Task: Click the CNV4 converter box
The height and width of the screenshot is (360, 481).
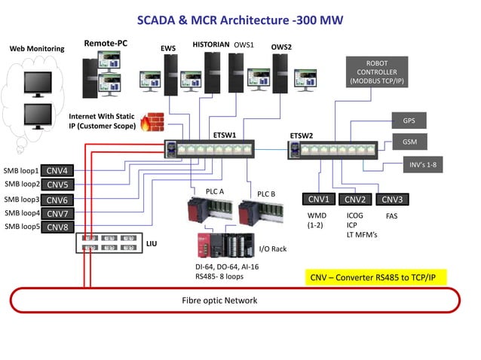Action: [57, 170]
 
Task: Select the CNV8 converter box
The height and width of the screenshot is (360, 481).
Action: [57, 227]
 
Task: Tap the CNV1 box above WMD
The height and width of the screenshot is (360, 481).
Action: [319, 200]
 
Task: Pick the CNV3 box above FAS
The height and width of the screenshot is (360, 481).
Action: [391, 200]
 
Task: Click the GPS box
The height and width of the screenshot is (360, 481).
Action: [409, 121]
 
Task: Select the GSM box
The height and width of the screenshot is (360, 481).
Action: [409, 142]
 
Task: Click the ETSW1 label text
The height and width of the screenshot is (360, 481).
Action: [225, 135]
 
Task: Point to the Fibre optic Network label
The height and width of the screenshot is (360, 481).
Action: [219, 301]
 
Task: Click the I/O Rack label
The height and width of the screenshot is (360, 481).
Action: [273, 249]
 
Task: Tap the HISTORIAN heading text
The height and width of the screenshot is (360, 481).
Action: [210, 45]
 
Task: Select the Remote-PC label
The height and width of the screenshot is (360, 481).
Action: [106, 44]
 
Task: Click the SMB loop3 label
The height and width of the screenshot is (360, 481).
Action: [21, 200]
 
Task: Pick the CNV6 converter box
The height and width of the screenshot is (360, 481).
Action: [57, 200]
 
